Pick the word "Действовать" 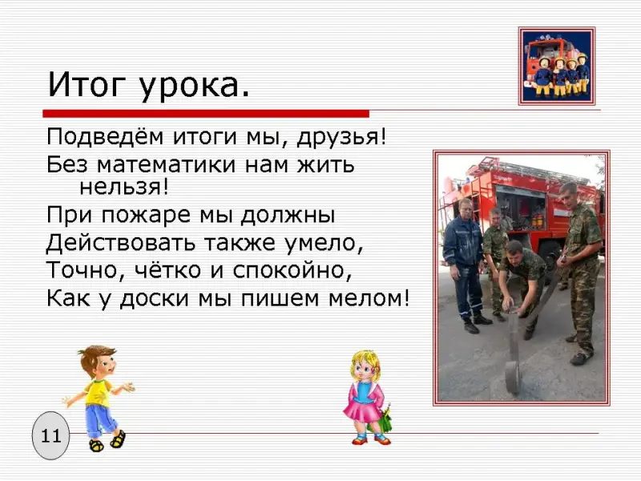pyautogui.click(x=121, y=243)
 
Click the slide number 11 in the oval pyautogui.click(x=51, y=435)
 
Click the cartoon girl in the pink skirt pyautogui.click(x=367, y=398)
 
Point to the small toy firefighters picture pyautogui.click(x=557, y=67)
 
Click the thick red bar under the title pyautogui.click(x=206, y=114)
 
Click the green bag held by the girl pyautogui.click(x=381, y=420)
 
